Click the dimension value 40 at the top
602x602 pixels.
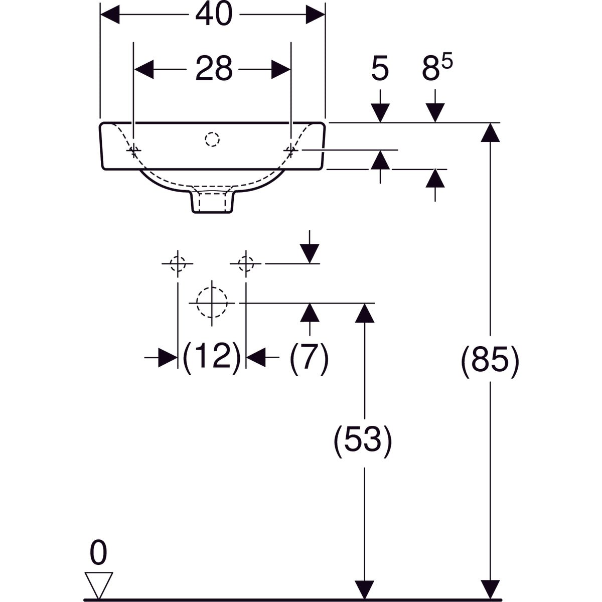point(214,15)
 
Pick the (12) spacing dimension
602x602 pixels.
point(212,358)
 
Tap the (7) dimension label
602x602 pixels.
point(309,358)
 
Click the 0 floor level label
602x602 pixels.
point(98,554)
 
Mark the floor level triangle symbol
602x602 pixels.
point(99,584)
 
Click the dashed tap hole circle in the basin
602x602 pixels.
point(212,139)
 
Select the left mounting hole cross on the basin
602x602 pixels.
point(134,150)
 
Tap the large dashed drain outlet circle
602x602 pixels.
point(212,303)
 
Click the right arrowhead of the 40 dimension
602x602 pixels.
point(315,15)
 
